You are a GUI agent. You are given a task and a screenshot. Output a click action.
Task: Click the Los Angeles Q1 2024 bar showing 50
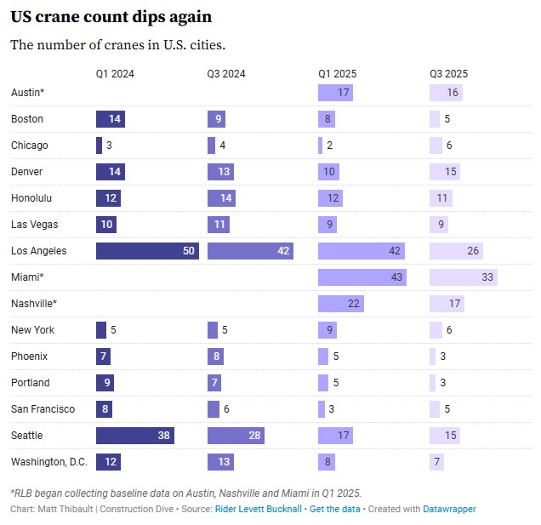pyautogui.click(x=147, y=251)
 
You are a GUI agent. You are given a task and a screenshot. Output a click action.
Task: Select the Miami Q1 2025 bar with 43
pyautogui.click(x=362, y=277)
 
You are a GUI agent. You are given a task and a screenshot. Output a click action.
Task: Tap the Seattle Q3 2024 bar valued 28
pyautogui.click(x=236, y=436)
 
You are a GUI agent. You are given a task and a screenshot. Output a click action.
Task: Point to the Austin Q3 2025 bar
pyautogui.click(x=446, y=93)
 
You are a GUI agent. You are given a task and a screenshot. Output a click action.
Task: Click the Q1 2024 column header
pyautogui.click(x=115, y=74)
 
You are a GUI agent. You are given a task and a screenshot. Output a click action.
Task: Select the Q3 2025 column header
pyautogui.click(x=448, y=74)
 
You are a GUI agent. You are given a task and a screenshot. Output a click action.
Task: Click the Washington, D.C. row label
pyautogui.click(x=48, y=462)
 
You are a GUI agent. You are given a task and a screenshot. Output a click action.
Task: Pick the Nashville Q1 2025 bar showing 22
pyautogui.click(x=341, y=304)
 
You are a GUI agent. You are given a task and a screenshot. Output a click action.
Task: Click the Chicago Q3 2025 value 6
pyautogui.click(x=448, y=146)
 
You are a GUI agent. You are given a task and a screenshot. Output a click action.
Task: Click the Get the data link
pyautogui.click(x=333, y=509)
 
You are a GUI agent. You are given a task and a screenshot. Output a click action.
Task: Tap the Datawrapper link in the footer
pyautogui.click(x=449, y=509)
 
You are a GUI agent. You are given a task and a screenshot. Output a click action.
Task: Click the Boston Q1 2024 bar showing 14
pyautogui.click(x=111, y=119)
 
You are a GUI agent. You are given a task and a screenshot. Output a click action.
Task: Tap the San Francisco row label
pyautogui.click(x=43, y=409)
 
